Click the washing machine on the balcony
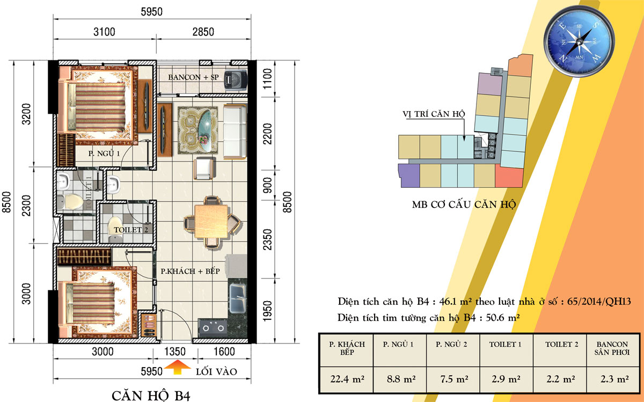pos(236,80)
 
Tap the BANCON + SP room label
pos(193,77)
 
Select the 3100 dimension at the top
pos(104,32)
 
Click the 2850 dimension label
pos(203,32)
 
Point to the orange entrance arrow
pos(178,367)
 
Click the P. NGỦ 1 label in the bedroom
pos(104,154)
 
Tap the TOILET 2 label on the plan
pos(131,230)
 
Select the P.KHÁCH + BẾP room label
pos(190,271)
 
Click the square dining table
pos(211,221)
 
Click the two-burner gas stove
pos(213,327)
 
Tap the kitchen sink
pos(237,298)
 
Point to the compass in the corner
pos(579,42)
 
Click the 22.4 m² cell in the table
pos(347,379)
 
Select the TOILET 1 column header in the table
pos(505,345)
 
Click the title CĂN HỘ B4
pos(151,396)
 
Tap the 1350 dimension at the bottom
pos(175,352)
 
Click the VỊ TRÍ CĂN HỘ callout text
pos(434,114)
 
